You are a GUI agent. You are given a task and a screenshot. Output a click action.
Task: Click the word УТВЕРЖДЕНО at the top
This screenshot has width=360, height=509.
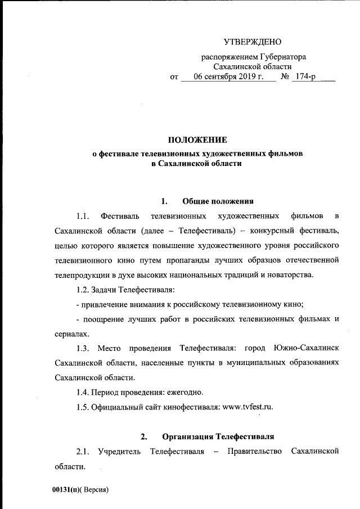(253, 42)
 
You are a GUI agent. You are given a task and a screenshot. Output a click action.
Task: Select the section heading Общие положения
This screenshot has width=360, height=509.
(219, 201)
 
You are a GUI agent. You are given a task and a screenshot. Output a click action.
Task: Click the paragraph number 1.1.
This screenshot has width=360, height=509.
(83, 216)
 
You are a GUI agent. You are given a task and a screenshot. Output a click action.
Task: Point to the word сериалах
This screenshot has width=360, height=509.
(73, 333)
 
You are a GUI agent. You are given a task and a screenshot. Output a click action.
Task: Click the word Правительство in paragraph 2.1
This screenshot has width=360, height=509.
(253, 452)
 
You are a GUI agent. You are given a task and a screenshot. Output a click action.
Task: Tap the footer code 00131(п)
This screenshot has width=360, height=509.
(68, 489)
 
